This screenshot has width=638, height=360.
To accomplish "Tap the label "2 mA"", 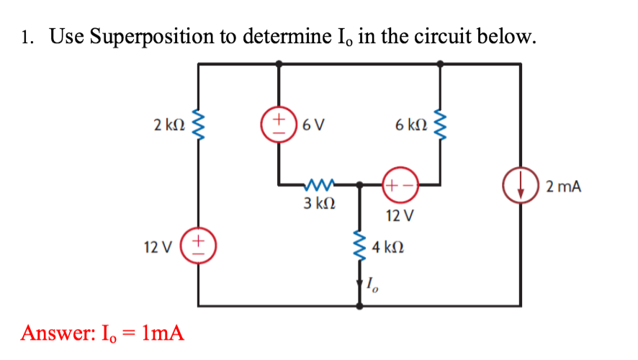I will click(563, 188).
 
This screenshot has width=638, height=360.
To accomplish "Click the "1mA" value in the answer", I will click(163, 333).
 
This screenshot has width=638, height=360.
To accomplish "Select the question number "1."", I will click(28, 37).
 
